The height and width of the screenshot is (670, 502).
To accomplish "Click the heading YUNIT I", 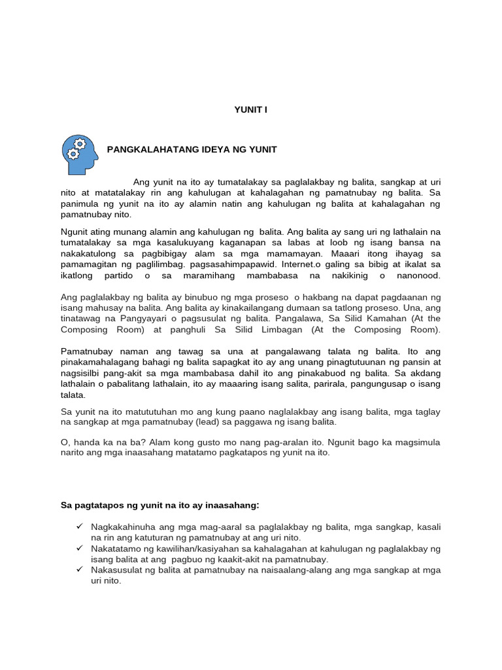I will click(x=251, y=110).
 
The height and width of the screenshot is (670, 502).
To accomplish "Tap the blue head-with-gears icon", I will click(x=79, y=150).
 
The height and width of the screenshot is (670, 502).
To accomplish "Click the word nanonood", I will click(x=418, y=275).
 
